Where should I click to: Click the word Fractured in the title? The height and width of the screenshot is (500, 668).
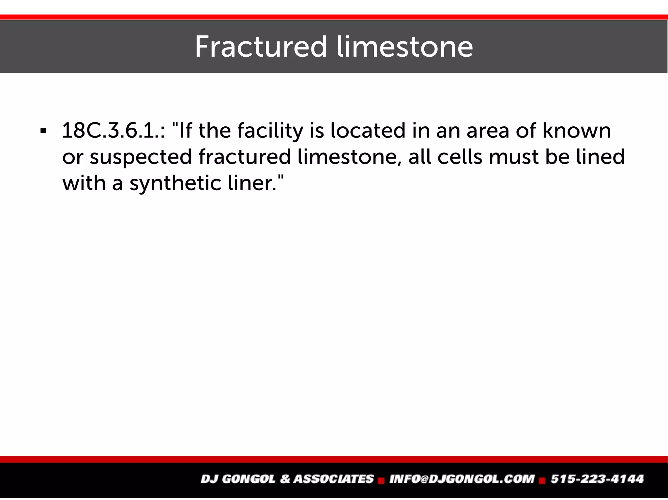coord(260,47)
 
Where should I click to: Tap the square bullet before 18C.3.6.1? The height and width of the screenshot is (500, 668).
coord(43,132)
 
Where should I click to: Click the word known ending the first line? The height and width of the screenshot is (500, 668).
coord(576,131)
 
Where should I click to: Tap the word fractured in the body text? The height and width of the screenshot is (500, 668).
coord(244,157)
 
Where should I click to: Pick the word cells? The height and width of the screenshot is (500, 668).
coord(459,157)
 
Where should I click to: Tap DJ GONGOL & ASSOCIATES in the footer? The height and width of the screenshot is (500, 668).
coord(287,479)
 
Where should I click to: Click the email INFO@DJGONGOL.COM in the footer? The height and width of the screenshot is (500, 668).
coord(462,479)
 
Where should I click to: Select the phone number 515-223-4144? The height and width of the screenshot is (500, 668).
coord(597,479)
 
